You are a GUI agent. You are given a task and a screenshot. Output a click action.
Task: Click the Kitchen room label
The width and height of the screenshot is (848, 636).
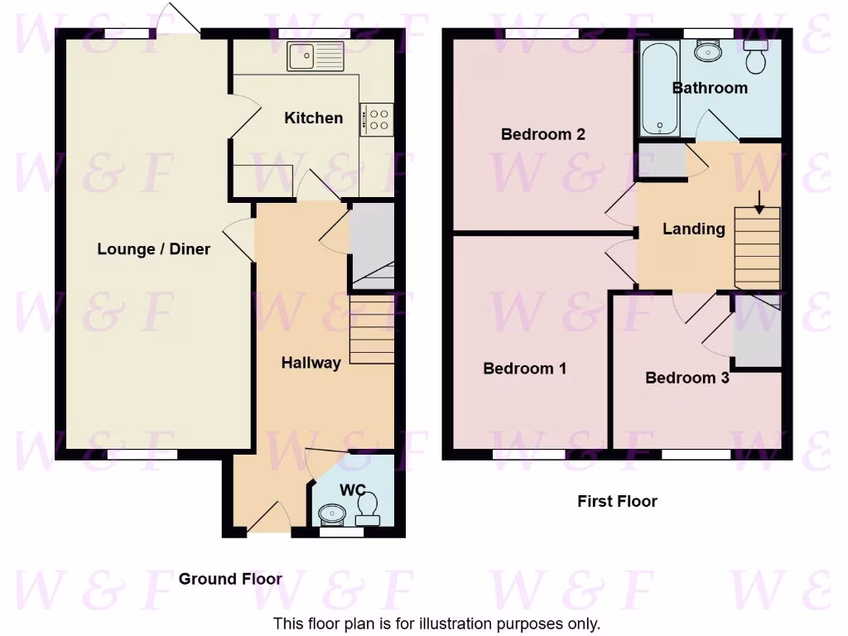click(313, 118)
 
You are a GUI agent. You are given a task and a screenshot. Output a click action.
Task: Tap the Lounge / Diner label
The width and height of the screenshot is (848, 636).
click(153, 248)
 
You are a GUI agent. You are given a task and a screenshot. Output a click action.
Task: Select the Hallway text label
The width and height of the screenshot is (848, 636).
click(311, 362)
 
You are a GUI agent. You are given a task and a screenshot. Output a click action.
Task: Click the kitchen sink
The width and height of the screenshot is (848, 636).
click(315, 56)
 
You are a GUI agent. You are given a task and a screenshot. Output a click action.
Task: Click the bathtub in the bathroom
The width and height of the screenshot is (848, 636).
click(660, 89)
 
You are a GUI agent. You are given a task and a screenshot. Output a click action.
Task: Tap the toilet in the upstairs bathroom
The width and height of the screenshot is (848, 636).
click(755, 56)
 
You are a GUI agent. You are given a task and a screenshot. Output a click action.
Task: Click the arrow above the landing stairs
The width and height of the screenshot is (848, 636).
click(760, 200)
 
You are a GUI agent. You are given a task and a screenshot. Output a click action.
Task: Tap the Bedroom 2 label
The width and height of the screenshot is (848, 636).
click(542, 133)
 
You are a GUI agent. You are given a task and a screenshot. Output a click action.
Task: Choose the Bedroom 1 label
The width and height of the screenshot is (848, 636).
click(524, 368)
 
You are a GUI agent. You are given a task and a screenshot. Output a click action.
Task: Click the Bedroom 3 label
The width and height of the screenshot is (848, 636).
click(687, 378)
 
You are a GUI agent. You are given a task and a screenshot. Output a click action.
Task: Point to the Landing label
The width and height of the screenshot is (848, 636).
click(693, 229)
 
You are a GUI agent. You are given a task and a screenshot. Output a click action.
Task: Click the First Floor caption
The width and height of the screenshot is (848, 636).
click(617, 501)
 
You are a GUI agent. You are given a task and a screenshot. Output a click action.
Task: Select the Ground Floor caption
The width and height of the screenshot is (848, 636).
click(230, 579)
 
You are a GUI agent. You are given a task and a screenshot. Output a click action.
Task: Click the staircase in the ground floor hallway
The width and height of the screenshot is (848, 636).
click(371, 331)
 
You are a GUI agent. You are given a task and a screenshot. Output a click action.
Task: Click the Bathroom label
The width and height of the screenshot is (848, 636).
click(709, 87)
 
